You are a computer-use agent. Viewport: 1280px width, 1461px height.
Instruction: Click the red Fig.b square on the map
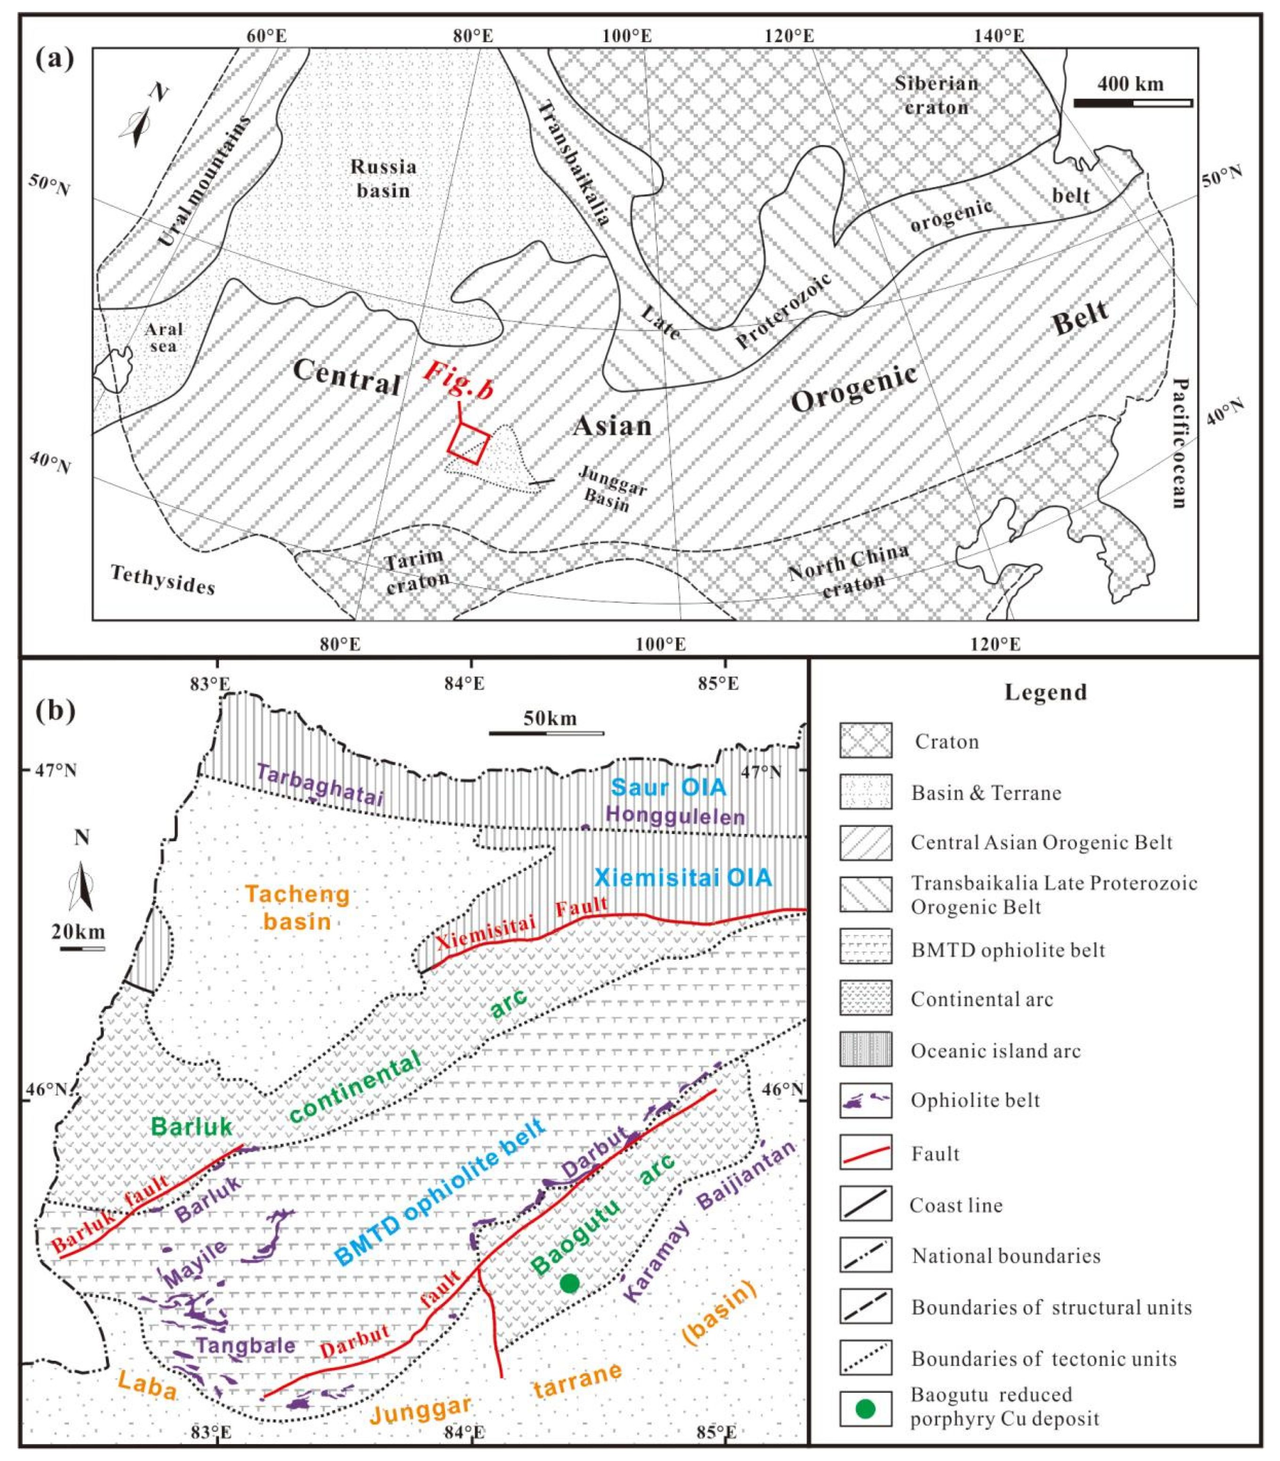coord(469,443)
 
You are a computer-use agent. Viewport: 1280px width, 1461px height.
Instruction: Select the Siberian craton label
coord(936,96)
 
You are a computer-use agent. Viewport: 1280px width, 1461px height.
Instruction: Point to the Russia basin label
coord(383,179)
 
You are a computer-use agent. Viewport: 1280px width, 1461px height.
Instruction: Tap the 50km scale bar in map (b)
coord(546,733)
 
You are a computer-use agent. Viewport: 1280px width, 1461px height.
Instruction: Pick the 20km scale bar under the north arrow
coord(82,949)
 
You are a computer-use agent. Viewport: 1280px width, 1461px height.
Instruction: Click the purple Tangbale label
coord(246,1345)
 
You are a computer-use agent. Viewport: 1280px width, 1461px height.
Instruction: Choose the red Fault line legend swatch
coord(866,1153)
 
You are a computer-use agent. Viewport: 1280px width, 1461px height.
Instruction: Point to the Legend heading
coord(1046,691)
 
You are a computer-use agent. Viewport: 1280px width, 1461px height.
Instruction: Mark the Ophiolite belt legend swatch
coord(866,1101)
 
